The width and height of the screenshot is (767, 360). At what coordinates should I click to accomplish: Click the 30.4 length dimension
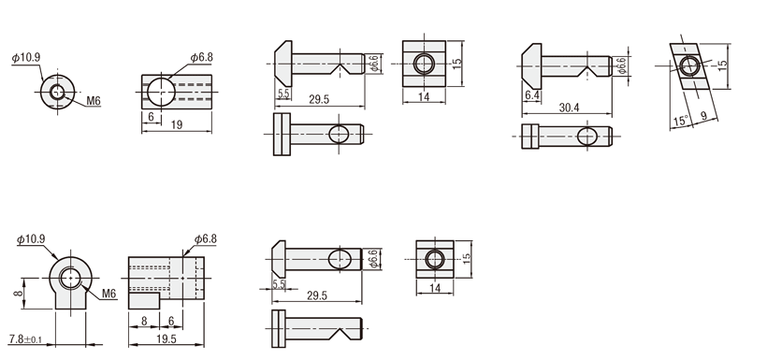point(569,108)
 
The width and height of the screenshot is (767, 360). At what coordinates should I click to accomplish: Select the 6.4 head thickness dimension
point(531,96)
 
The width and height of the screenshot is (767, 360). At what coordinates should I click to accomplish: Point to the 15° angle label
point(680,120)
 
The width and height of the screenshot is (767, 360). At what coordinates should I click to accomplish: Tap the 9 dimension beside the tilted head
point(703,116)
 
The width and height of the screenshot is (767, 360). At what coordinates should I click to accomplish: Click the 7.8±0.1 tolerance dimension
point(25,338)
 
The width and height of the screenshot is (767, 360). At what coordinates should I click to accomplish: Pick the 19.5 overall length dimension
point(166,339)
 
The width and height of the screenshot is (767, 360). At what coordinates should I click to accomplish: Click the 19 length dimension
point(177,124)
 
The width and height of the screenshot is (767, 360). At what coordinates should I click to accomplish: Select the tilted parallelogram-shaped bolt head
point(689,66)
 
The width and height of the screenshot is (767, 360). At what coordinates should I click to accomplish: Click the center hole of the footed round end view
point(70,279)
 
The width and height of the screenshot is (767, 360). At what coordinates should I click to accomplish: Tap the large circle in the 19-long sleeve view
point(161,92)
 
